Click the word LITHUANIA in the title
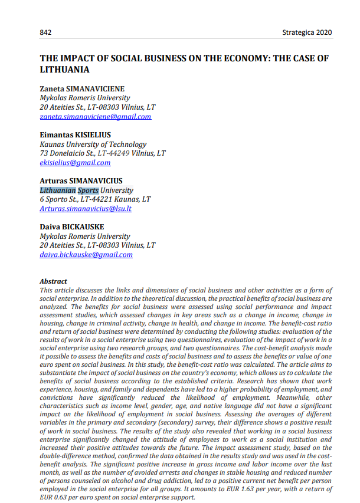click(x=64, y=70)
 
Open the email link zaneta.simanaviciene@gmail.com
click(x=95, y=117)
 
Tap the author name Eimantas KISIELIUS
click(x=75, y=135)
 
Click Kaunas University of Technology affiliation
click(x=93, y=144)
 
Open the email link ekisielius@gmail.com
click(x=75, y=163)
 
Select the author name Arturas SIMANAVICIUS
click(x=81, y=181)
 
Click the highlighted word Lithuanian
click(x=58, y=190)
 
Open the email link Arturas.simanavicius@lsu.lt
click(x=86, y=209)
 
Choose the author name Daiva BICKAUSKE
click(x=72, y=227)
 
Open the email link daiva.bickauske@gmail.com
click(x=86, y=255)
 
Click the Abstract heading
click(x=53, y=282)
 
